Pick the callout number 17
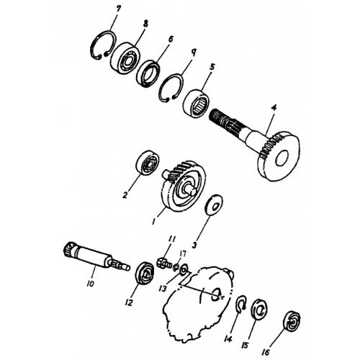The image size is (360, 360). point(184,254)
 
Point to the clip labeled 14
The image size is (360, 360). point(242,307)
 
